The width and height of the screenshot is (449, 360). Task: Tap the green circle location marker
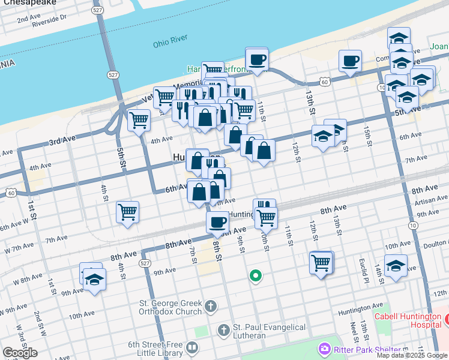[x=256, y=276]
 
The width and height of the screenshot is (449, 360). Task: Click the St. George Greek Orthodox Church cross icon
[x=210, y=307]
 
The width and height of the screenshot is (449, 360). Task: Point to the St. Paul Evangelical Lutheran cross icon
[x=223, y=330]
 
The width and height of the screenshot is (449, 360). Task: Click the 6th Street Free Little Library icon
[x=192, y=347]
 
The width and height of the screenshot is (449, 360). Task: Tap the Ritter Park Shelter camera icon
[x=325, y=348]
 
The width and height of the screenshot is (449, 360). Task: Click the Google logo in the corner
[x=20, y=353]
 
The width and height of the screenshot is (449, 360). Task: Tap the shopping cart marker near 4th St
[x=127, y=212]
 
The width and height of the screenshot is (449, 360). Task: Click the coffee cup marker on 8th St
[x=217, y=221]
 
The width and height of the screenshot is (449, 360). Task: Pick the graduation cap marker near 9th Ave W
[x=94, y=280]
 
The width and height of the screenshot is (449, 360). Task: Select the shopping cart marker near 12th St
[x=321, y=262]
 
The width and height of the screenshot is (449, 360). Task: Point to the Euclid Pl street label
[x=363, y=271]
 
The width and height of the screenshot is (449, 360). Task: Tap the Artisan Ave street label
[x=431, y=199]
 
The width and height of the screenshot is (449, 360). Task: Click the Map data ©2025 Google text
[x=412, y=355]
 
